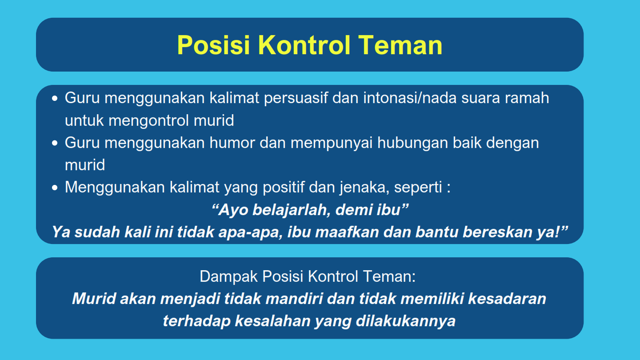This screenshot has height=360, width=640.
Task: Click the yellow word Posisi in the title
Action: pyautogui.click(x=214, y=45)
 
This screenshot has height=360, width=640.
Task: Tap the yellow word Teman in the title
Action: pyautogui.click(x=400, y=45)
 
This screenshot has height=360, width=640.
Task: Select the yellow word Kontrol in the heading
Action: pyautogui.click(x=304, y=45)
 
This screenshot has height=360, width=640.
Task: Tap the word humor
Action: pyautogui.click(x=232, y=143)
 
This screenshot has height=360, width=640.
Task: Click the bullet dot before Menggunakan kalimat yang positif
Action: pyautogui.click(x=55, y=188)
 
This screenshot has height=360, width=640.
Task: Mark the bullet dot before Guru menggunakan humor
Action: pyautogui.click(x=55, y=143)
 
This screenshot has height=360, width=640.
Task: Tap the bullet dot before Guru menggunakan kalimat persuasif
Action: pyautogui.click(x=55, y=99)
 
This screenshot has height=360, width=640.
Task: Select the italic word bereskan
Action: pyautogui.click(x=497, y=232)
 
